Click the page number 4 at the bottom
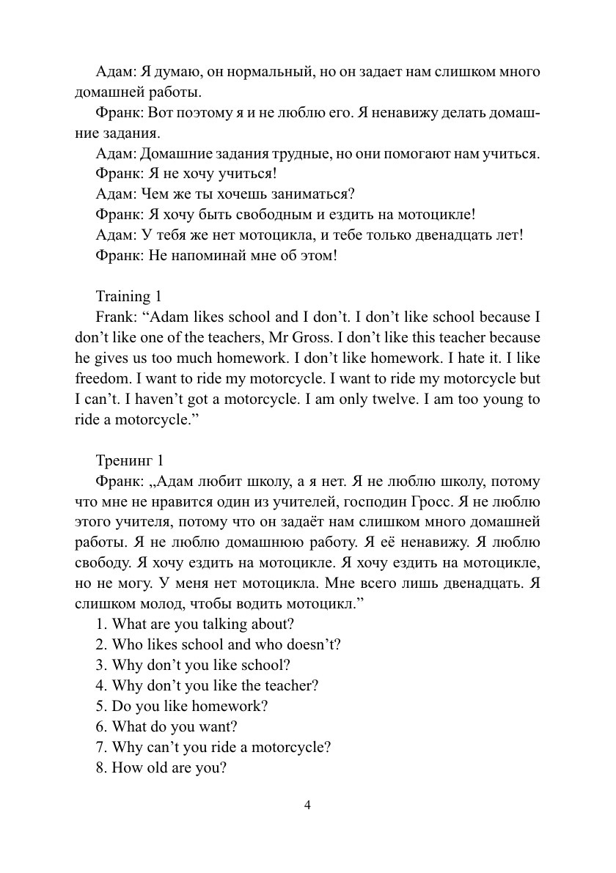308,805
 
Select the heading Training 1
128,297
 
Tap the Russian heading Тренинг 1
129,461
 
